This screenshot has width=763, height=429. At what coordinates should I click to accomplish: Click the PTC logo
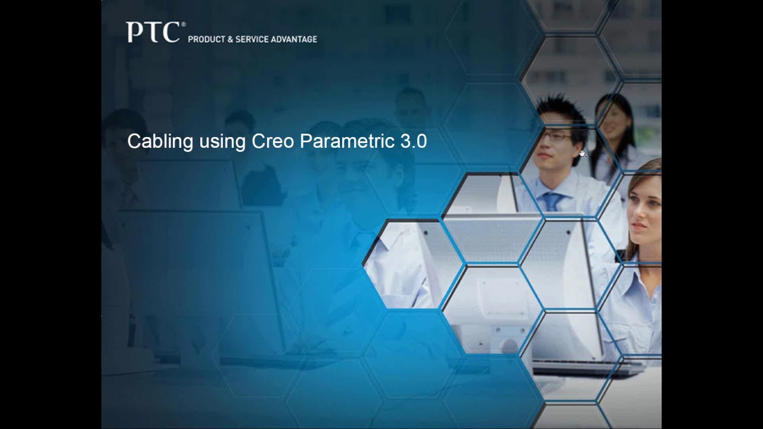[153, 32]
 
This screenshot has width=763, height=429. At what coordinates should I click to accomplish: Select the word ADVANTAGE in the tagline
[294, 39]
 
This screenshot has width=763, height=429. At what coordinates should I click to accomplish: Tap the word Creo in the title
[272, 142]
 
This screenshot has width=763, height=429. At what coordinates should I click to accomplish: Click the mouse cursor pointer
[582, 154]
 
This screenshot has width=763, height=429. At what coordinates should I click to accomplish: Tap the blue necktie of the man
[551, 201]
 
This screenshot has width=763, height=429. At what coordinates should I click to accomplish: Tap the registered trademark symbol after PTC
[183, 24]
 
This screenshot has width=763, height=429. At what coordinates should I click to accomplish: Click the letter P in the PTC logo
[134, 32]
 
